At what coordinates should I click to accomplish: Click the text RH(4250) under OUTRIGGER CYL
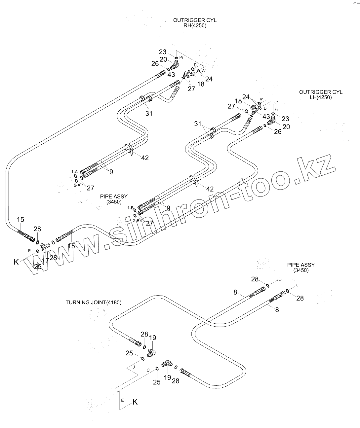pyautogui.click(x=195, y=25)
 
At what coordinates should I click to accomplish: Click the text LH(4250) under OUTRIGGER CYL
pyautogui.click(x=321, y=97)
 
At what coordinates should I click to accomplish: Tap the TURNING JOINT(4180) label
pyautogui.click(x=93, y=302)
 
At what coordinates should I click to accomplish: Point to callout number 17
pyautogui.click(x=45, y=261)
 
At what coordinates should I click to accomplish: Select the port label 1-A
pyautogui.click(x=74, y=172)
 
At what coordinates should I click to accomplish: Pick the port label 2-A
pyautogui.click(x=77, y=185)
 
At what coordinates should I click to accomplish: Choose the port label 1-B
pyautogui.click(x=130, y=208)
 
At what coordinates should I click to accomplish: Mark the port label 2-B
pyautogui.click(x=136, y=220)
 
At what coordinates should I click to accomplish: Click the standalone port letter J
pyautogui.click(x=134, y=367)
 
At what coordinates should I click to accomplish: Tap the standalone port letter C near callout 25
pyautogui.click(x=148, y=370)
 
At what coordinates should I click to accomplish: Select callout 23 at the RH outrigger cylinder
pyautogui.click(x=163, y=52)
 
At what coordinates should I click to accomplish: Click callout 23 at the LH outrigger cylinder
pyautogui.click(x=285, y=119)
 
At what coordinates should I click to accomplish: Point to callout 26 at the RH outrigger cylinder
pyautogui.click(x=155, y=64)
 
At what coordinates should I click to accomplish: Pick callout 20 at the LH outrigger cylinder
pyautogui.click(x=286, y=126)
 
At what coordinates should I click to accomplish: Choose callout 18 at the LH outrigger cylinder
pyautogui.click(x=238, y=101)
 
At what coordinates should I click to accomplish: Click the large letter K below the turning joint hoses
pyautogui.click(x=135, y=402)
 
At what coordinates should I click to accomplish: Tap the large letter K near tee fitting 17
pyautogui.click(x=16, y=262)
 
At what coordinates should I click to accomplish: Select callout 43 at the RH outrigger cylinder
pyautogui.click(x=171, y=75)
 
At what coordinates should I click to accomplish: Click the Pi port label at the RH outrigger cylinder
pyautogui.click(x=181, y=57)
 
